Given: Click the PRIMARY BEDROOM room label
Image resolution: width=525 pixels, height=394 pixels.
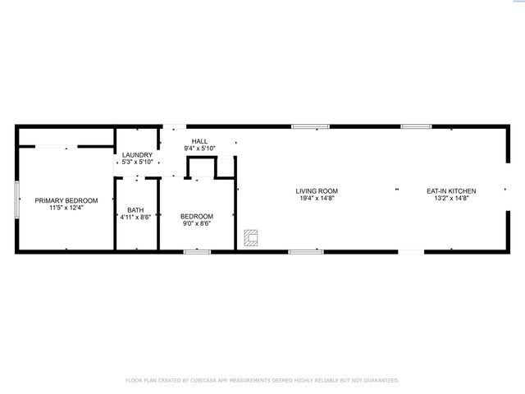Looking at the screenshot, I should (x=66, y=200).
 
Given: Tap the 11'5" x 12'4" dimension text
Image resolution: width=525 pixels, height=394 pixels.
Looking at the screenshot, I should (x=66, y=208).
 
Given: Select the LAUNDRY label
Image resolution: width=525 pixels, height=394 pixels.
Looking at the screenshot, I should (x=137, y=154).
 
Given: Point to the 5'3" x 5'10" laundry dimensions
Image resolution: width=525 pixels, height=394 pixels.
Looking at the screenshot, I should (x=137, y=162).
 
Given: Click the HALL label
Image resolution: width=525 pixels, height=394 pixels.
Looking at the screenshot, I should (x=199, y=141).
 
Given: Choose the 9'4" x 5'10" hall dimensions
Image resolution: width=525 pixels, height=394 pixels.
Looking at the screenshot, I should (x=199, y=148).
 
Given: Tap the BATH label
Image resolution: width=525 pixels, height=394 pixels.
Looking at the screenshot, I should (x=135, y=210).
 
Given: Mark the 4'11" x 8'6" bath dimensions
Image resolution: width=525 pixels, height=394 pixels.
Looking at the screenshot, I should (x=135, y=218).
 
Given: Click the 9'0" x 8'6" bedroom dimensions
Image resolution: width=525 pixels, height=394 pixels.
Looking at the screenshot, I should (x=197, y=223).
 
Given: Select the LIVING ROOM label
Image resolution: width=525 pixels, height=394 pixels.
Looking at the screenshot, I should (x=317, y=191).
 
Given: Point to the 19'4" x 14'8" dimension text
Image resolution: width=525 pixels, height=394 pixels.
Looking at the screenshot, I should (x=317, y=198).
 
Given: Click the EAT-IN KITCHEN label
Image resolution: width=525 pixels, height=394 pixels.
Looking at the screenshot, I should (x=451, y=191).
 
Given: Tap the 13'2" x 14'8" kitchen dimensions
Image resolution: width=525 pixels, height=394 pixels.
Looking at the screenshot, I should (x=451, y=198).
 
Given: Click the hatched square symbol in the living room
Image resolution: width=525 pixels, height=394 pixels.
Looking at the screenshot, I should (x=251, y=238).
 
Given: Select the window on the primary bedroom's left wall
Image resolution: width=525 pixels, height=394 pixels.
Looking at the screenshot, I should (x=17, y=199).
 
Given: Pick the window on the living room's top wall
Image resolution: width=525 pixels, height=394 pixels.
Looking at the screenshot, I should (x=310, y=126).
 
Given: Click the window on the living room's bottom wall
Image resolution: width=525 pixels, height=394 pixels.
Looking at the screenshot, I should (x=306, y=251).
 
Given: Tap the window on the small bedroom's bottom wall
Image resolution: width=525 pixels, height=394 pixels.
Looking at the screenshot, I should (x=197, y=251).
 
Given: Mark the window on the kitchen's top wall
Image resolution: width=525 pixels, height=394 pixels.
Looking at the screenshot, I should (x=416, y=126).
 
